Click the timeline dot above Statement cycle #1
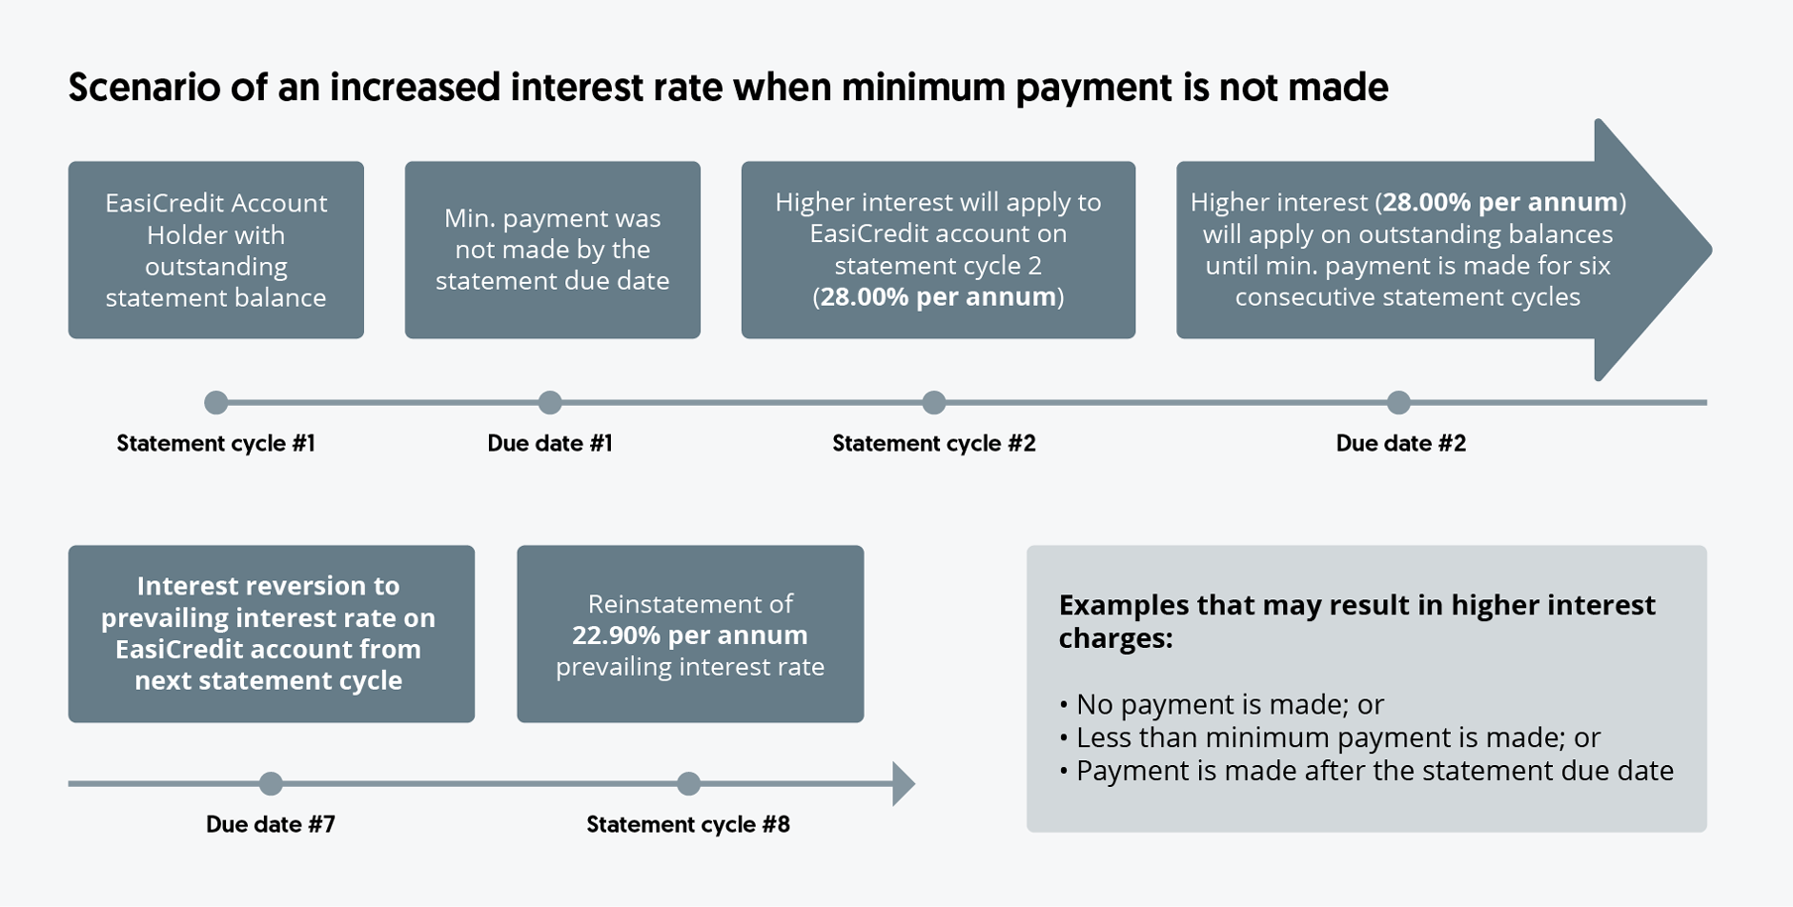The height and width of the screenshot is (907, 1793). pyautogui.click(x=216, y=403)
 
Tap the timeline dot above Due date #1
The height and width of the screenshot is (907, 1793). pyautogui.click(x=550, y=403)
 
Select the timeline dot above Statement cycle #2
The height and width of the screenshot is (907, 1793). pyautogui.click(x=934, y=403)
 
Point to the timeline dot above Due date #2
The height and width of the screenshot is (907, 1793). pyautogui.click(x=1398, y=403)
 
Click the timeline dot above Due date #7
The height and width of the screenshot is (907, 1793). pyautogui.click(x=271, y=784)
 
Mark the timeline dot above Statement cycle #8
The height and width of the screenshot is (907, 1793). pyautogui.click(x=689, y=784)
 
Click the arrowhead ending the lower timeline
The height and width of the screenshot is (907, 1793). pyautogui.click(x=903, y=784)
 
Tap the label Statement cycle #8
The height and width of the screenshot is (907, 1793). pyautogui.click(x=688, y=825)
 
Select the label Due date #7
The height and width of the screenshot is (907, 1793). pyautogui.click(x=271, y=825)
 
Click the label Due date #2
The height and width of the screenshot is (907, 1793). pyautogui.click(x=1400, y=444)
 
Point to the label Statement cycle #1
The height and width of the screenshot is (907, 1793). pyautogui.click(x=216, y=444)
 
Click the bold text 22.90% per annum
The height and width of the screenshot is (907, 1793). pyautogui.click(x=690, y=635)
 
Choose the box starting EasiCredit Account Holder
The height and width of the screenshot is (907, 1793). pyautogui.click(x=216, y=250)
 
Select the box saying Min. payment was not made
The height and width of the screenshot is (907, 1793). pyautogui.click(x=552, y=250)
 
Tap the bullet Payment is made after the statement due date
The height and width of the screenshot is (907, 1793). pyautogui.click(x=1367, y=771)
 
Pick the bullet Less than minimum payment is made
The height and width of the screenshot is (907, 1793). pyautogui.click(x=1330, y=737)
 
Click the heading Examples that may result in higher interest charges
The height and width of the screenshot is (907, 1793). pyautogui.click(x=1357, y=621)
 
